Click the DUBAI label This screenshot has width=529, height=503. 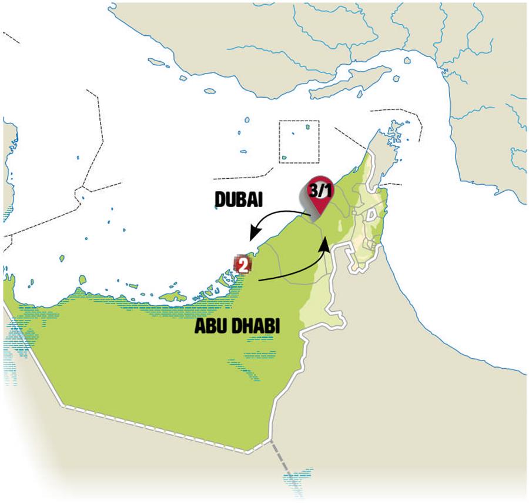[237, 201]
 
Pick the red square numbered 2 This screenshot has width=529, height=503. [242, 264]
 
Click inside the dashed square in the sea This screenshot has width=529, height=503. [299, 141]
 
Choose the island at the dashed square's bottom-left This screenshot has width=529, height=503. [284, 158]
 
